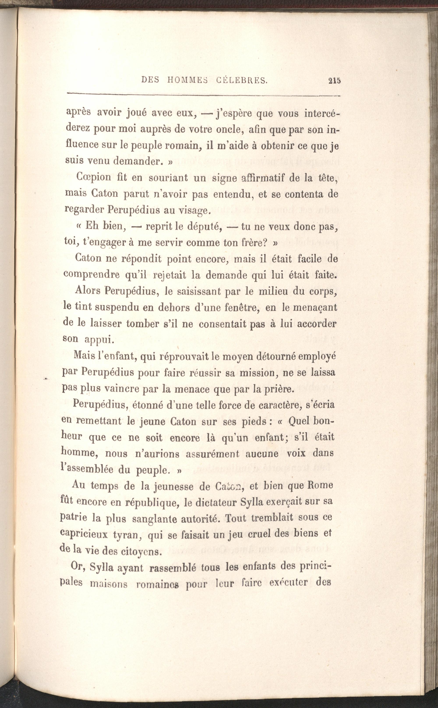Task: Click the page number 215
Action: (x=334, y=81)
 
